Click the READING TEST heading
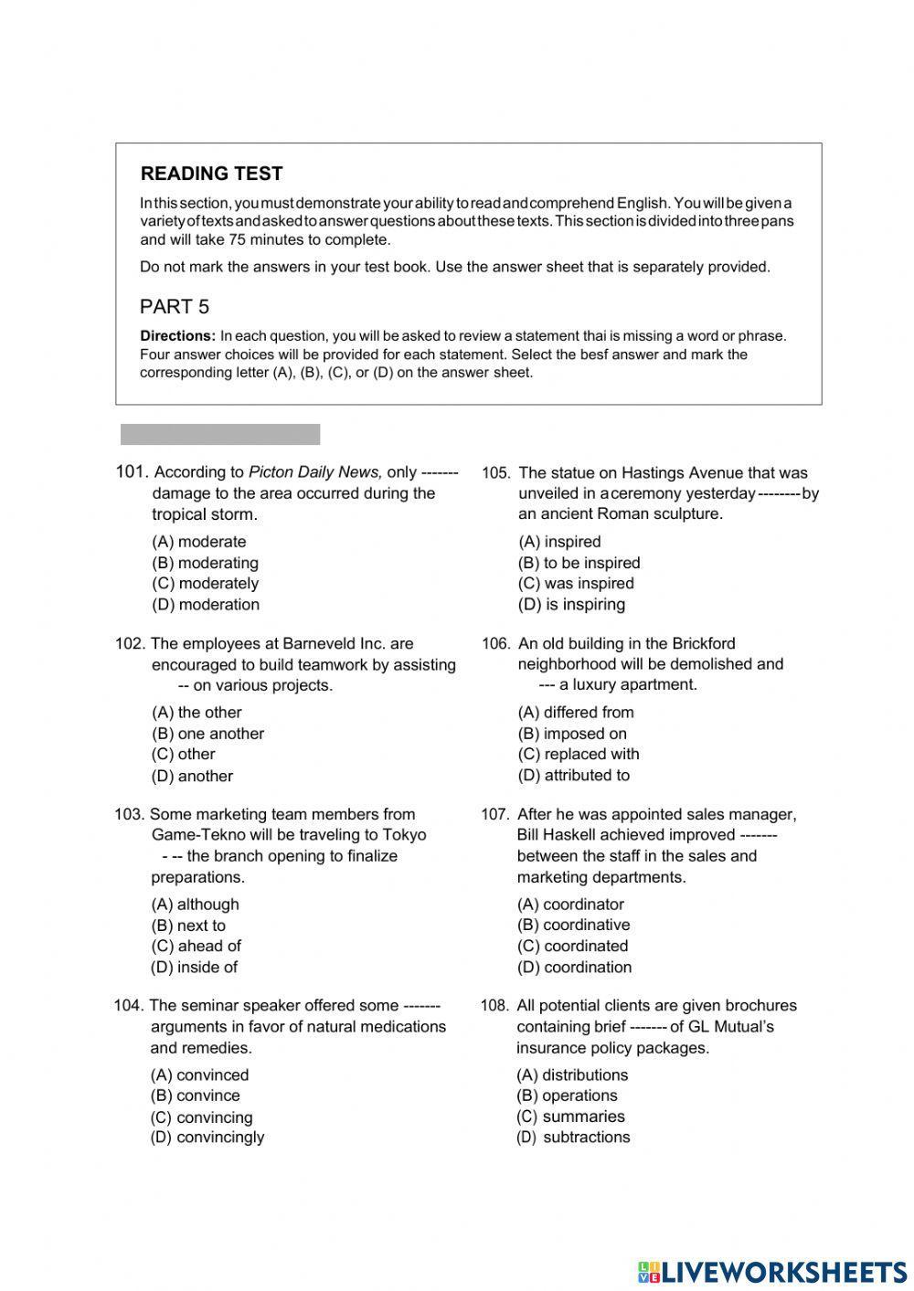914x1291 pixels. (x=211, y=174)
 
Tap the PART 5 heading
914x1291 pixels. (x=175, y=306)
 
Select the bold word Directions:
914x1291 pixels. (x=177, y=335)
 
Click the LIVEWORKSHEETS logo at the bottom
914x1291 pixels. (x=772, y=1271)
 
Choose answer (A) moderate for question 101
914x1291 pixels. (x=198, y=542)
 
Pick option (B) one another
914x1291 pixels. (x=207, y=734)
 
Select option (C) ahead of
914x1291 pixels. (x=196, y=947)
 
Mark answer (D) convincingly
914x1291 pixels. (x=207, y=1138)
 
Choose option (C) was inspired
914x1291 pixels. (x=576, y=584)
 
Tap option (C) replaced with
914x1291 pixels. (x=579, y=755)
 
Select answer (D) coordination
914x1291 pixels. (x=574, y=968)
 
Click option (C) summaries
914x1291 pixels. (x=570, y=1116)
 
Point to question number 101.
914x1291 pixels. (x=132, y=471)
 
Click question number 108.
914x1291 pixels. (x=494, y=1006)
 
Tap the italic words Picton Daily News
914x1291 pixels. (x=315, y=472)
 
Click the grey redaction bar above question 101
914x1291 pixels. (x=220, y=434)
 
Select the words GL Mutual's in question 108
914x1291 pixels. (x=732, y=1027)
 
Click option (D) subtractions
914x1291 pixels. (x=573, y=1138)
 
